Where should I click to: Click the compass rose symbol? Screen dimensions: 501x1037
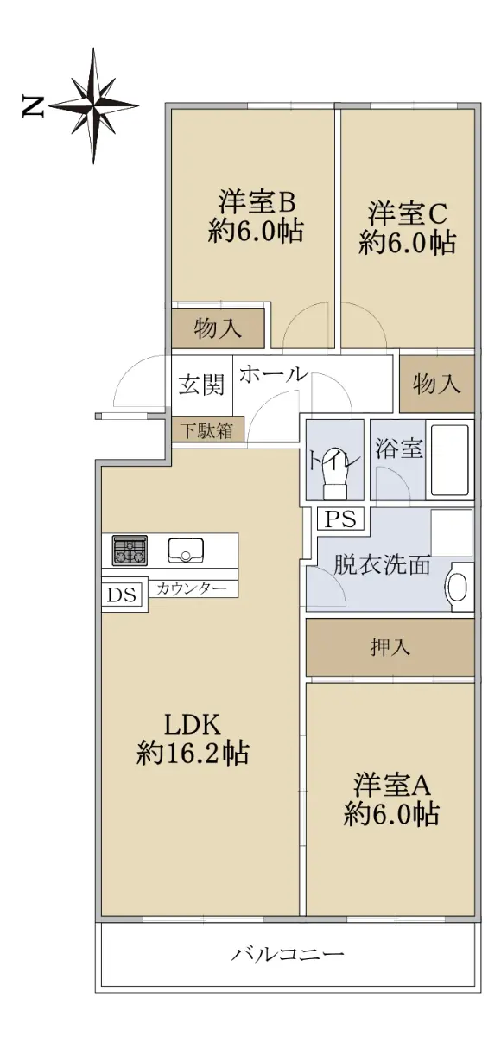(93, 106)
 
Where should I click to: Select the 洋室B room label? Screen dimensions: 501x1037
(257, 201)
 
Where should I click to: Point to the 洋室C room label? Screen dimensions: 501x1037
(408, 213)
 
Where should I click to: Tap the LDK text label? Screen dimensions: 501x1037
(193, 724)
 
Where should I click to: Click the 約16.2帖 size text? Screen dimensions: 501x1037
(193, 754)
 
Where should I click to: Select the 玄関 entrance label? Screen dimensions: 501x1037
(201, 384)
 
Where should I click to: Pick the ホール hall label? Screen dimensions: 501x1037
(273, 373)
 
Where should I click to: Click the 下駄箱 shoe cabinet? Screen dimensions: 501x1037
(207, 430)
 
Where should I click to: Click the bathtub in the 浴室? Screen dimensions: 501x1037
(450, 460)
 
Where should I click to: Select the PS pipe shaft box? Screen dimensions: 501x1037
(341, 518)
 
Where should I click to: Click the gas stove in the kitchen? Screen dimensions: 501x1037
(130, 550)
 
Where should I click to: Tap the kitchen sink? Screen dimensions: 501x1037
(186, 550)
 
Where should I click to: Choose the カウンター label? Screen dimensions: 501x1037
(191, 588)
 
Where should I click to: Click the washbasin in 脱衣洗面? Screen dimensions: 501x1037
(460, 586)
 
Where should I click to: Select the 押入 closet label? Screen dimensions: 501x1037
(390, 646)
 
